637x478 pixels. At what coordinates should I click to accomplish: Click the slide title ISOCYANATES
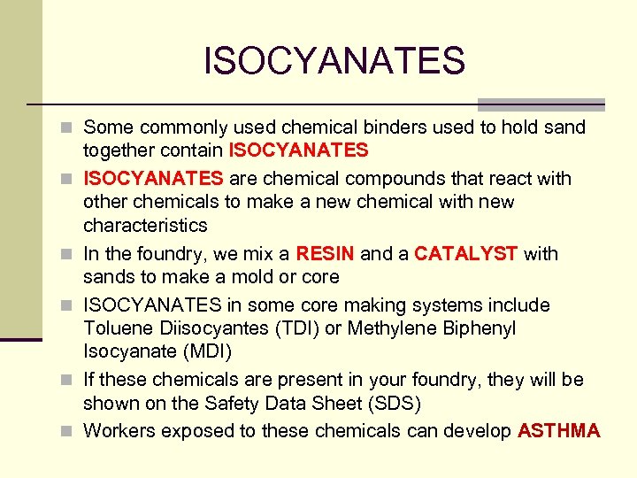click(x=334, y=61)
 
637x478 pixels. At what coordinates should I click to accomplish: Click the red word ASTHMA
click(x=559, y=431)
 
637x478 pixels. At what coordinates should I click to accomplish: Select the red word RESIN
click(x=325, y=254)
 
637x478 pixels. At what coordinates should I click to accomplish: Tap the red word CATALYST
click(x=466, y=254)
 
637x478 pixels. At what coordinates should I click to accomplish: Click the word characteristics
click(x=145, y=225)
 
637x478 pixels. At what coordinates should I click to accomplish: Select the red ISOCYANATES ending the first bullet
click(x=298, y=150)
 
